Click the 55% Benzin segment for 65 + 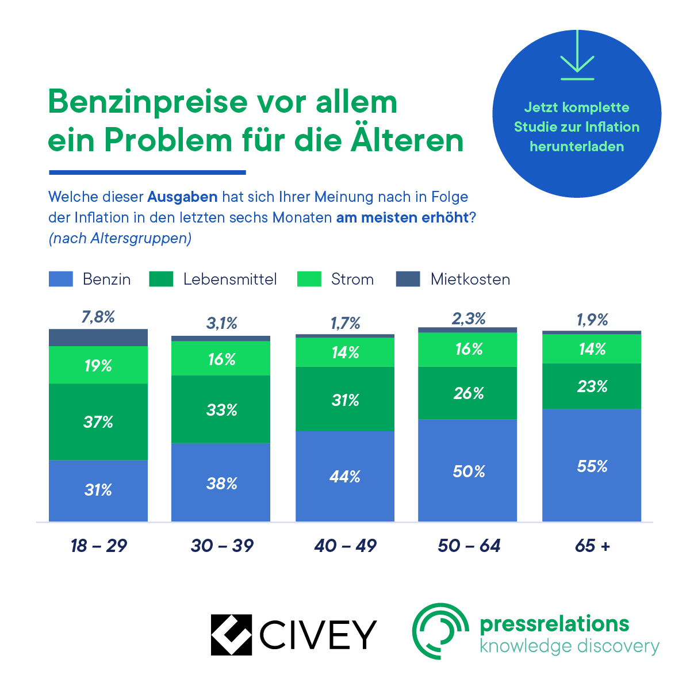coord(592,465)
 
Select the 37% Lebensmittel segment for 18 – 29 coord(98,421)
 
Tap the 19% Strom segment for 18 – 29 coord(98,365)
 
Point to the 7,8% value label coord(98,317)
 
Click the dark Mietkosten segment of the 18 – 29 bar coord(98,338)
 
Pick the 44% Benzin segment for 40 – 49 coord(345,476)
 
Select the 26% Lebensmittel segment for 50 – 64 coord(468,393)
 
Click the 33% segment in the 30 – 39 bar coord(221,409)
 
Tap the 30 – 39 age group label coord(222,545)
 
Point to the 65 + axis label coord(592,545)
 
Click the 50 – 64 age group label coord(469,545)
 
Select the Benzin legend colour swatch coord(61,279)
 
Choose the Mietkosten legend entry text coord(470,279)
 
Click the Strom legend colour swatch coord(309,279)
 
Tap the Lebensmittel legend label coord(230,279)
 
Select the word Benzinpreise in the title coord(147,102)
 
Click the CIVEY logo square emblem coord(231,635)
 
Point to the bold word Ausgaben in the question coord(182,197)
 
